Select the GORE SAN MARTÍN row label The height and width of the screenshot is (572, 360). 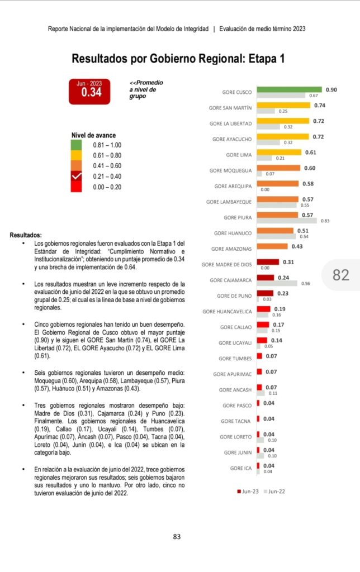coord(230,108)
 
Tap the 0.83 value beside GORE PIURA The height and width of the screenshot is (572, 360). coord(325,221)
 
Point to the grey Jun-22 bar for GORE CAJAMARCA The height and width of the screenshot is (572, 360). coord(277,284)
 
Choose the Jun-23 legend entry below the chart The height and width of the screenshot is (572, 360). coord(248,492)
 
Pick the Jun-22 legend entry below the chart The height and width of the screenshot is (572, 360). coord(276,492)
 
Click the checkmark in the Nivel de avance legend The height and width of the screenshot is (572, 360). coord(77,177)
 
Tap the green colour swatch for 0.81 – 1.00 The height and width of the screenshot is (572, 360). coord(77,145)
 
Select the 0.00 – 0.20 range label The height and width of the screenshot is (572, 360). coord(107,187)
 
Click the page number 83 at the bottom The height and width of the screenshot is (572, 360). coord(177,537)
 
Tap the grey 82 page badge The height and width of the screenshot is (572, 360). coord(341,275)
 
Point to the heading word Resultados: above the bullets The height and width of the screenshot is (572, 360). coord(26,235)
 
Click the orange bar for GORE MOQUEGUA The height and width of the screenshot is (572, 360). coord(278,168)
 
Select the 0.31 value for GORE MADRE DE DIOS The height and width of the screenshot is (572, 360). coord(288,262)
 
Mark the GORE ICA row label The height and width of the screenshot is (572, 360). coord(241,468)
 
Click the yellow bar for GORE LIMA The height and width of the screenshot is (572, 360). coord(279,152)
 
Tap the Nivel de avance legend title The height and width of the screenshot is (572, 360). coord(94,135)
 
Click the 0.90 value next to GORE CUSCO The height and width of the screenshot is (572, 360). coord(331,89)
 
